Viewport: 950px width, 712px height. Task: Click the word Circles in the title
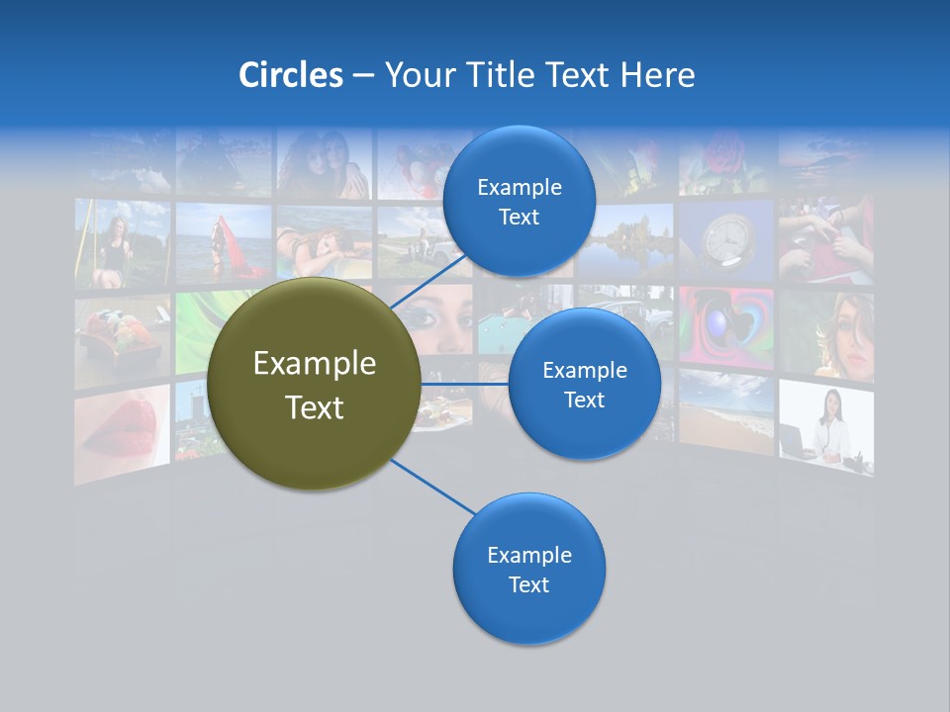point(290,75)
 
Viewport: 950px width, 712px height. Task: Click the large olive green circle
point(314,385)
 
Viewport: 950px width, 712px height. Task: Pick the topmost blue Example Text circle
point(519,202)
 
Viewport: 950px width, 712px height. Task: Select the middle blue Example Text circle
point(584,385)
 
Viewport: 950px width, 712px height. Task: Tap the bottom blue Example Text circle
point(528,570)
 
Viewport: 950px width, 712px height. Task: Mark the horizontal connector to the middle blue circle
point(465,384)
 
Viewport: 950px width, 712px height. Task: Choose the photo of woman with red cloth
point(224,243)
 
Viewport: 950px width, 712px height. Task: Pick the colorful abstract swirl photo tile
point(726,328)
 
